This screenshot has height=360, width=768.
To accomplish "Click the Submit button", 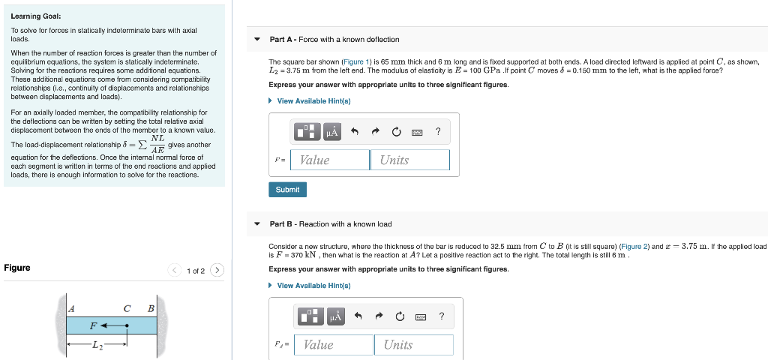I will click(287, 190).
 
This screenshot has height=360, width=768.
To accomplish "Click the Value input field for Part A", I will click(330, 160).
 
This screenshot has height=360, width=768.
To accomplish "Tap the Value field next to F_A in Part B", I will click(334, 344).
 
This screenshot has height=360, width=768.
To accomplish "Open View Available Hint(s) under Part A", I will click(313, 101).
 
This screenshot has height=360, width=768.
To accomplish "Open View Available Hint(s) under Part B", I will click(313, 286).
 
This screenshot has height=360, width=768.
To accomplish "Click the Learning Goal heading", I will click(36, 16).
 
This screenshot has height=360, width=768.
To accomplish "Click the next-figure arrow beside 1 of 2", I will click(217, 270).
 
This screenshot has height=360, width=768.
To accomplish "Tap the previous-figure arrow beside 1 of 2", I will click(173, 270).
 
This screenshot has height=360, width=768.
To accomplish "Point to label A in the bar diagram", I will click(71, 308).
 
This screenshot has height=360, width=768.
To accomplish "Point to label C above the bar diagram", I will click(127, 308).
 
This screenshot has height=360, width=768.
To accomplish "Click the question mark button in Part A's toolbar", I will click(438, 132).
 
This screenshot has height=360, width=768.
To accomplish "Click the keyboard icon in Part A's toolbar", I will click(417, 133).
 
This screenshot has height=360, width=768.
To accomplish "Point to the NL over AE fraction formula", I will click(157, 144).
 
